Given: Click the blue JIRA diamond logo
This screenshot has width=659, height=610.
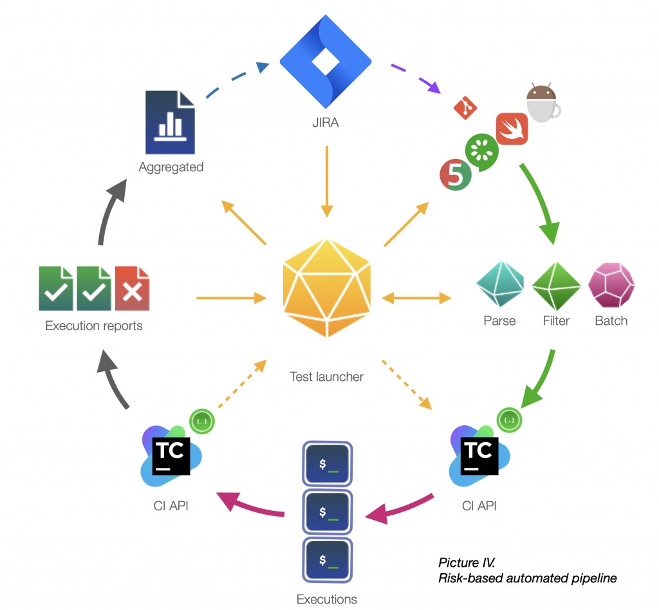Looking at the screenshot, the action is click(x=326, y=61).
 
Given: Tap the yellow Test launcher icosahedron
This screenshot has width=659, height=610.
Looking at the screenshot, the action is click(x=327, y=288).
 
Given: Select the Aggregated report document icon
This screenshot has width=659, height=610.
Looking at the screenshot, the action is click(x=170, y=122).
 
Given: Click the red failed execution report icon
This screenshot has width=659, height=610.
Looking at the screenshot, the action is click(x=133, y=288).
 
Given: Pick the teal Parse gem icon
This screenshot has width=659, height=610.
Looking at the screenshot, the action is click(x=500, y=284).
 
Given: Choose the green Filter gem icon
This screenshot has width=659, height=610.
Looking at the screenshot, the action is click(x=556, y=286).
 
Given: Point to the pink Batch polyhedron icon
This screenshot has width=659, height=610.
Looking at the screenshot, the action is click(x=611, y=285).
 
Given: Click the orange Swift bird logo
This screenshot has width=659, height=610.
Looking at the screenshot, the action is click(x=512, y=129).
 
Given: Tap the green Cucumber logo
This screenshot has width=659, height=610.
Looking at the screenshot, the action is click(x=481, y=152).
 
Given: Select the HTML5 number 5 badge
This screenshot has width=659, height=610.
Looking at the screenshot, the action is click(x=456, y=175).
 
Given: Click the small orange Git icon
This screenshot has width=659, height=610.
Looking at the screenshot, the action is click(x=465, y=108).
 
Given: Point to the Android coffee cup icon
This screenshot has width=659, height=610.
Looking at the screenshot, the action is click(x=543, y=103).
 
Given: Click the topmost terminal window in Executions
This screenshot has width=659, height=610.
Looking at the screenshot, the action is click(x=328, y=464).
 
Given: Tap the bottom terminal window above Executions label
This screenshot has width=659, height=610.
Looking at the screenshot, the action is click(x=328, y=560).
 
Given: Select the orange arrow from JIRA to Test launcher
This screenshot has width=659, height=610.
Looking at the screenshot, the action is click(x=326, y=181).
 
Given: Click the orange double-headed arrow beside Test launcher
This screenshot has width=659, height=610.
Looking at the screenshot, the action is click(x=416, y=298).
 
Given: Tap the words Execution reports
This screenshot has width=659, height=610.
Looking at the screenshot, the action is click(x=94, y=326).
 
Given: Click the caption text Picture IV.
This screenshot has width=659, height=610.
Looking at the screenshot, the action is click(x=467, y=562).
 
